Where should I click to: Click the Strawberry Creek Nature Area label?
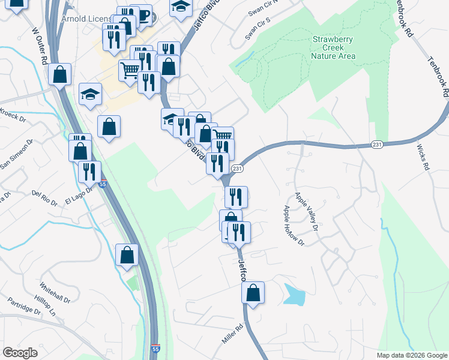pos(333,48)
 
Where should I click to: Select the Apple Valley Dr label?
pos(305,210)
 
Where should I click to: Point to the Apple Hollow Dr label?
pos(294,226)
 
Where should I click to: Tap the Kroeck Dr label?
pos(13,112)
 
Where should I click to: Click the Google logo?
pos(20,353)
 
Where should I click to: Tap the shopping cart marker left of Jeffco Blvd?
pos(130,70)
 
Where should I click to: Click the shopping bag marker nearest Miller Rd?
pos(253,293)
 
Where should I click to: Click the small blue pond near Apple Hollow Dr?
pos(294,294)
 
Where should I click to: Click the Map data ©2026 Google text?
pos(411,355)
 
